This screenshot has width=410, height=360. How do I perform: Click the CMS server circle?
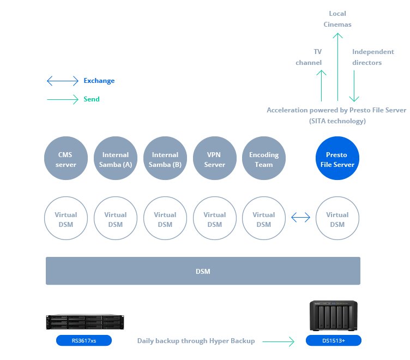[67, 159]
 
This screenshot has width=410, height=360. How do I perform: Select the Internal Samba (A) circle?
[116, 159]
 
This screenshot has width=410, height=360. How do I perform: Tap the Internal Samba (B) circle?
[165, 159]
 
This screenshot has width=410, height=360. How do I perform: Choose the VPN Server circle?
[214, 159]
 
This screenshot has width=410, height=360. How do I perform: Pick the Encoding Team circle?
[263, 159]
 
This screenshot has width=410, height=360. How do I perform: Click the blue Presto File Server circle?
[337, 159]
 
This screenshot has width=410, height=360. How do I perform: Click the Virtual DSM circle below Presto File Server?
[337, 219]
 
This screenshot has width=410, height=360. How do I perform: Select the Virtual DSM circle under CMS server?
[67, 219]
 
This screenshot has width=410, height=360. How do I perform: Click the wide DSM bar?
[203, 271]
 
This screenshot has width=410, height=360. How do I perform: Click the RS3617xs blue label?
[84, 341]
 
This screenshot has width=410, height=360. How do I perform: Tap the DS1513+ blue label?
[334, 341]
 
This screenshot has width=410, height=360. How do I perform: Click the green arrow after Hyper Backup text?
[278, 341]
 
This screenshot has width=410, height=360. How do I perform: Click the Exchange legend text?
[99, 81]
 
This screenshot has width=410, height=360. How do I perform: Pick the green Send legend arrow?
[63, 99]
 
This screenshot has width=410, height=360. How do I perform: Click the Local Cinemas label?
[337, 19]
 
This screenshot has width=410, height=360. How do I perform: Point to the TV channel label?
[309, 57]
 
